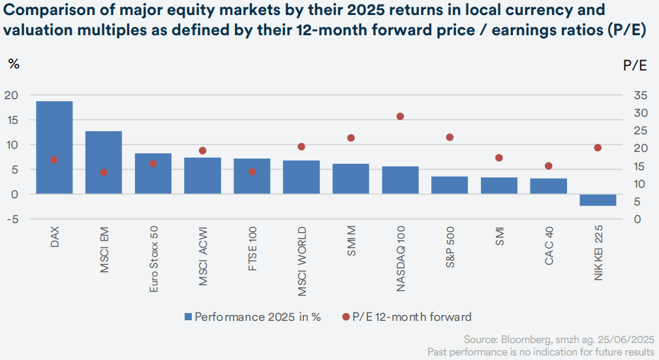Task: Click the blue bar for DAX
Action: click(54, 147)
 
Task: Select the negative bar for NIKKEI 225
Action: click(598, 200)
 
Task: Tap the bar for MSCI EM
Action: click(104, 162)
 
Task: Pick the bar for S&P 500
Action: click(450, 185)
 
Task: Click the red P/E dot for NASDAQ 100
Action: click(400, 117)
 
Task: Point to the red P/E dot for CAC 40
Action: click(549, 166)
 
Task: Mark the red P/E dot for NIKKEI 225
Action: click(598, 147)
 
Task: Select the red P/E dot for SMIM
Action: click(351, 138)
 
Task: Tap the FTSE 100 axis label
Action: click(253, 248)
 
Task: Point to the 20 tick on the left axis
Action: click(10, 95)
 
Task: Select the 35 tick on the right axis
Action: click(639, 95)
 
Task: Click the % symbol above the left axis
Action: click(13, 65)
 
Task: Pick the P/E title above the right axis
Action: click(635, 65)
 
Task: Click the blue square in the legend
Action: click(189, 317)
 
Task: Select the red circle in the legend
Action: click(345, 317)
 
